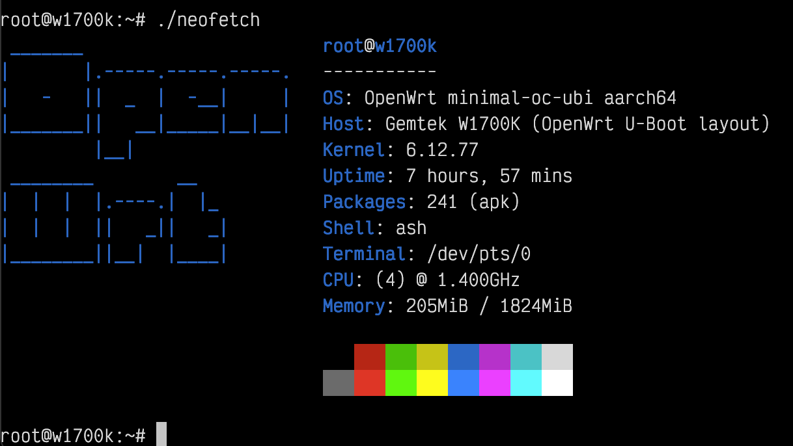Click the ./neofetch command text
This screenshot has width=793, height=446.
(x=208, y=20)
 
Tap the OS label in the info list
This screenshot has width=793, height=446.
(x=333, y=98)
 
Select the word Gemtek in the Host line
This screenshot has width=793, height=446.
(x=417, y=124)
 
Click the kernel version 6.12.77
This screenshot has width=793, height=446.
(x=442, y=150)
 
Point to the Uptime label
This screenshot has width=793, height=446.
(x=354, y=176)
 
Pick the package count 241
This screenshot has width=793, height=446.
(x=442, y=202)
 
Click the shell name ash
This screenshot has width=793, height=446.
(x=411, y=228)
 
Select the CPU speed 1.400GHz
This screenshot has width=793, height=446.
(x=478, y=280)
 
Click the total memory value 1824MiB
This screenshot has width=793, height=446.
(x=536, y=306)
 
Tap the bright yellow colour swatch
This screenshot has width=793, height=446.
(x=432, y=383)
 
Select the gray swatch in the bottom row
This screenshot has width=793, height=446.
(x=339, y=383)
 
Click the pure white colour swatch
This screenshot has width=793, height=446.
(x=557, y=383)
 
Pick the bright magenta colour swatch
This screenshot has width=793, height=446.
(x=495, y=383)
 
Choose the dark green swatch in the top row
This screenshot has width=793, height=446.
(x=401, y=357)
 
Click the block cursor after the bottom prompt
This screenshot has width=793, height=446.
(x=161, y=434)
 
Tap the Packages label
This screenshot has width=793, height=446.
(x=365, y=202)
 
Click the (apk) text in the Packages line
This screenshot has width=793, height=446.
(x=494, y=202)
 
